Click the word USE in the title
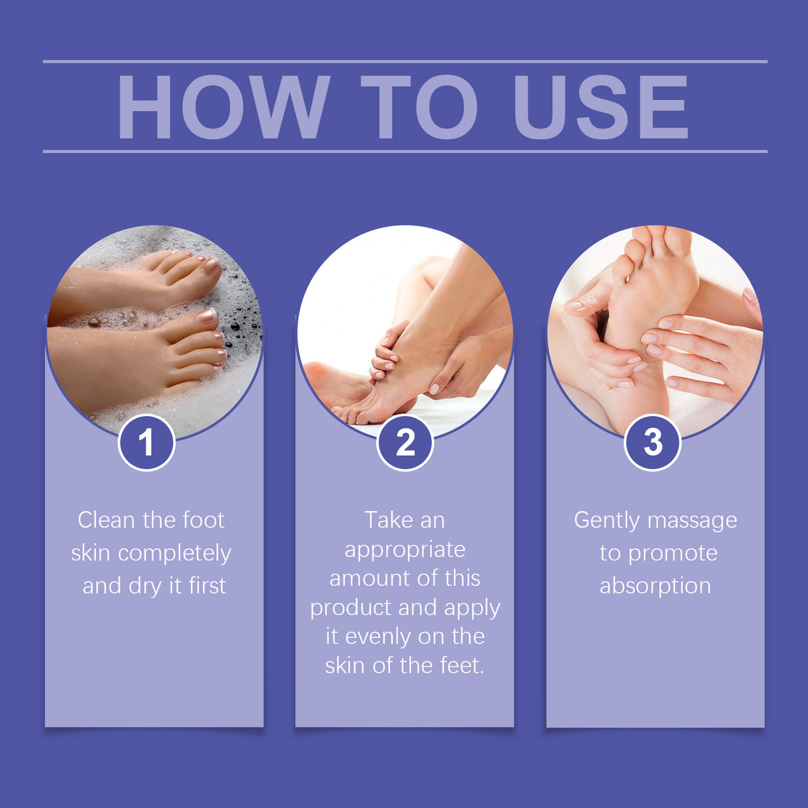pos(600,107)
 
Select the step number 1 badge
pos(146,443)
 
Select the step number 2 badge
pos(405,443)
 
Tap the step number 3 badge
pos(653,443)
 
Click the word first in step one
pos(207,586)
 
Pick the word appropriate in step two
pos(405,550)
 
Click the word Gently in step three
pos(606,520)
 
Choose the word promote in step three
pos(673,554)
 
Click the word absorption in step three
pos(655,586)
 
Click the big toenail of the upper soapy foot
pos(211,266)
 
